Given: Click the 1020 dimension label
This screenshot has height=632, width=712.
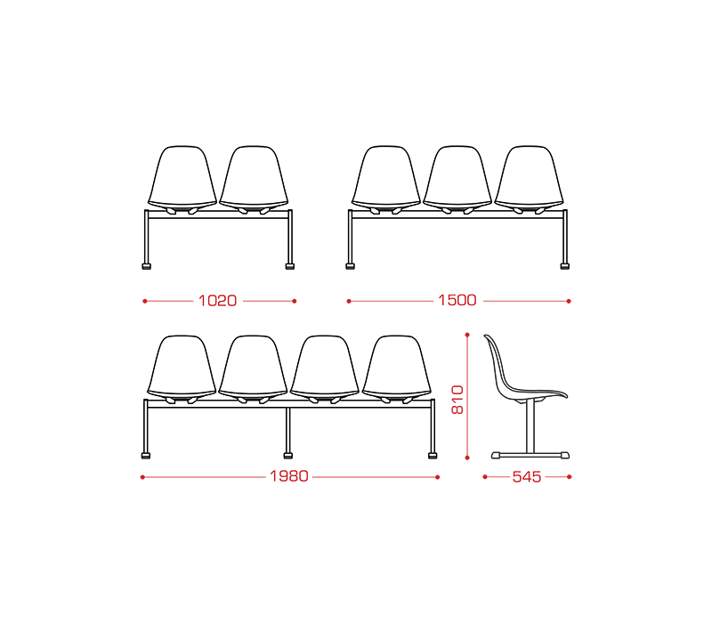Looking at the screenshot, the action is [x=217, y=301].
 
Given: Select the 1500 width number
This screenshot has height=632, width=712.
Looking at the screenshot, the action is [x=457, y=300].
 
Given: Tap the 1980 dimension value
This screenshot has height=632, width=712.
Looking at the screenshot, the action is [x=289, y=476].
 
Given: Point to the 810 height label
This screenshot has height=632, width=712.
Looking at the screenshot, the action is [x=457, y=400].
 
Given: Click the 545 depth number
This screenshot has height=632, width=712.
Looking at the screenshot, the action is [x=527, y=477].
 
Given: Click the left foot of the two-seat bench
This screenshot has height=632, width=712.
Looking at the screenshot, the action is [x=146, y=266].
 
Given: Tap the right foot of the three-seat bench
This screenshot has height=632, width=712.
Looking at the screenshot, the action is [x=564, y=266].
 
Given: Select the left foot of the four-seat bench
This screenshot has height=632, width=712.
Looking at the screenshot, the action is [x=145, y=456].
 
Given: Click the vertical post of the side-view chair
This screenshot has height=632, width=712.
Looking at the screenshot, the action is [x=530, y=426].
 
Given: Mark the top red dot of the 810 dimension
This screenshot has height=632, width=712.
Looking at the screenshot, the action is [x=467, y=335].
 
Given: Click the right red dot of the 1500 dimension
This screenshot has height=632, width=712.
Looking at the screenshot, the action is [x=569, y=301].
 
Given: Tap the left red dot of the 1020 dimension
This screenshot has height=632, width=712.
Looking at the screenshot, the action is [x=145, y=301].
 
